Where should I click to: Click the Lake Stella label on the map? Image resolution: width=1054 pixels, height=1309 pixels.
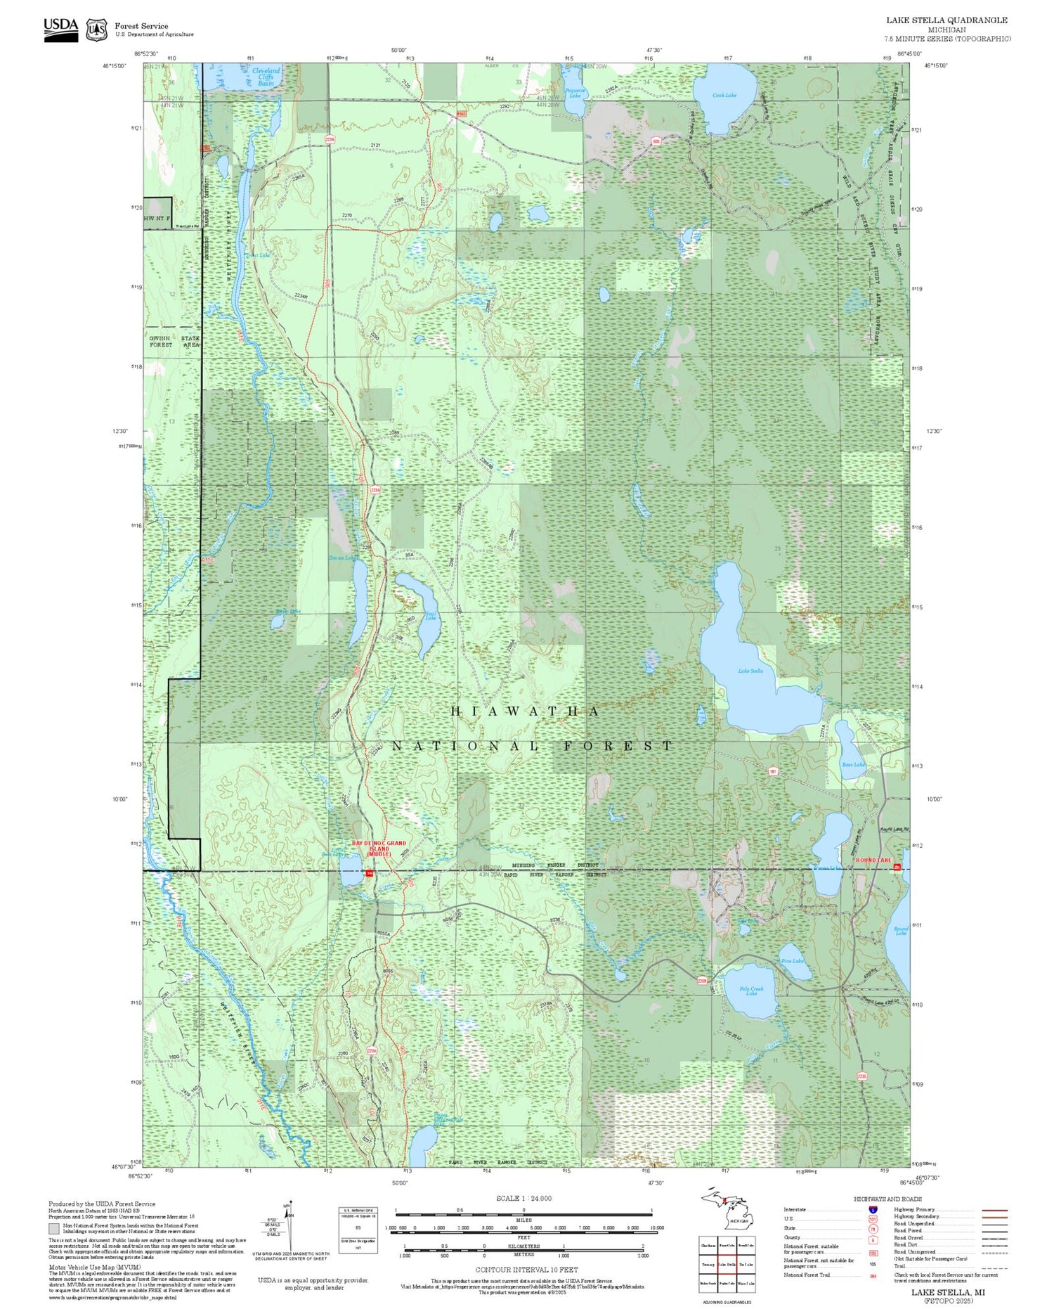tap(750, 671)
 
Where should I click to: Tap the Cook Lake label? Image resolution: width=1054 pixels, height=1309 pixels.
tap(724, 95)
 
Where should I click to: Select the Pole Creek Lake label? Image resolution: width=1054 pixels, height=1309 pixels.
tap(751, 991)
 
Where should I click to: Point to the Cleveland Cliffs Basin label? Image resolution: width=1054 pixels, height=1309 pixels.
tap(266, 77)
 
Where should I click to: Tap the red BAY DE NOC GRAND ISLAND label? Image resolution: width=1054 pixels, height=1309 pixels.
tap(379, 848)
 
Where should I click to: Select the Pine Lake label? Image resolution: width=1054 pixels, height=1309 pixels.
tap(792, 961)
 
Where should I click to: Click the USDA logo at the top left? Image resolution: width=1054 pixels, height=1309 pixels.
tap(61, 29)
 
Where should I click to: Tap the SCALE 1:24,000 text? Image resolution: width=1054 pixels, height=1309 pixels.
tap(523, 1199)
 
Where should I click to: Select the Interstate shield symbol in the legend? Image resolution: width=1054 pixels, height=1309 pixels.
tap(872, 1209)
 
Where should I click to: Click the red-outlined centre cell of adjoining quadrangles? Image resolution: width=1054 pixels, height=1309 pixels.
tap(727, 1265)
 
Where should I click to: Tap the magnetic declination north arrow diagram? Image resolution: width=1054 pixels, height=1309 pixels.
tap(287, 1227)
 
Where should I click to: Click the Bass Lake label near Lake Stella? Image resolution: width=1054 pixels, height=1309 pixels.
tap(854, 764)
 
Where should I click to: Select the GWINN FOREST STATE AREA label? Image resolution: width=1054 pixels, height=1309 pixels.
tap(174, 342)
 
